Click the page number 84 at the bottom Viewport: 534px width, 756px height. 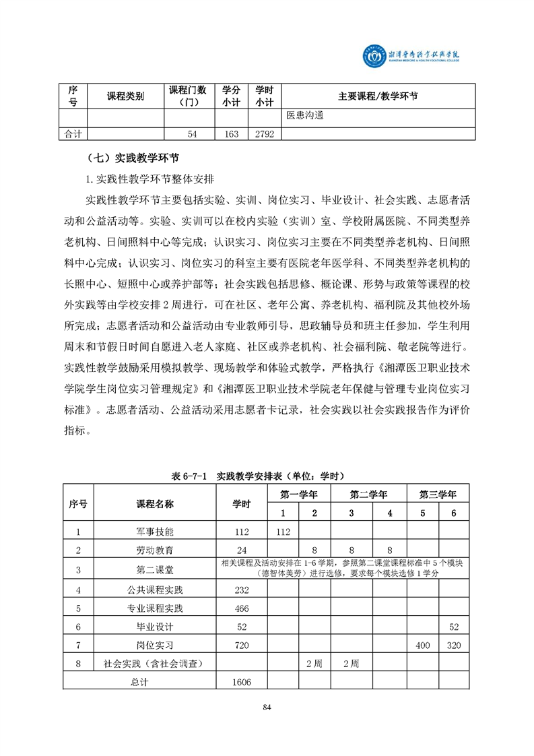267,707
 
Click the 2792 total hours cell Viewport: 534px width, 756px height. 264,134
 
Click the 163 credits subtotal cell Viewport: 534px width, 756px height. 231,134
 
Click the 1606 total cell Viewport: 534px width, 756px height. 241,682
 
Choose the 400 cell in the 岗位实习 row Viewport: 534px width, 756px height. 423,645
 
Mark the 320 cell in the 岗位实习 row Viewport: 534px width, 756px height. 453,645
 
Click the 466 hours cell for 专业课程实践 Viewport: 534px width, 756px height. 241,608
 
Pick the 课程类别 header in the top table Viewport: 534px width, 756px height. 125,96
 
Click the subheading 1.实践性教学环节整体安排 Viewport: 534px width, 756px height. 151,179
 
